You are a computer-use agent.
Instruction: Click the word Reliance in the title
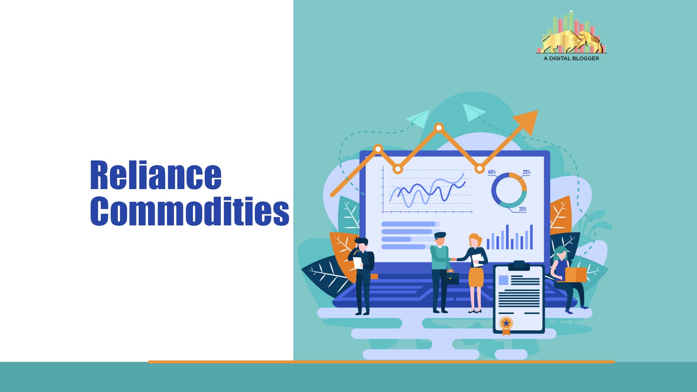[156, 175]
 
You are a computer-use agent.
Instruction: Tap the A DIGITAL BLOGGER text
[571, 58]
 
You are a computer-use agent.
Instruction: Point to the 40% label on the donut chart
[492, 172]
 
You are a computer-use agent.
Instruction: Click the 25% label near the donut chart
[526, 172]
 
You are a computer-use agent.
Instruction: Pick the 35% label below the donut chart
[522, 209]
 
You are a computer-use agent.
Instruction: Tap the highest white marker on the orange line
[439, 128]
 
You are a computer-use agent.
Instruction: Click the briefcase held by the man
[452, 278]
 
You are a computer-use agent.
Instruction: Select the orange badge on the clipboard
[506, 323]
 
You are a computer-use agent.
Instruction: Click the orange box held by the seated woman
[575, 274]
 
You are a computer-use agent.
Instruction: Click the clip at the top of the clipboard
[519, 266]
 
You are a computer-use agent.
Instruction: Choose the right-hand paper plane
[473, 111]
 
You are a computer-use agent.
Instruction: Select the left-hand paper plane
[419, 118]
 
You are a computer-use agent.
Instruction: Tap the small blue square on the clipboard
[503, 280]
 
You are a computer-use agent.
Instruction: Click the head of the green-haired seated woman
[561, 253]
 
